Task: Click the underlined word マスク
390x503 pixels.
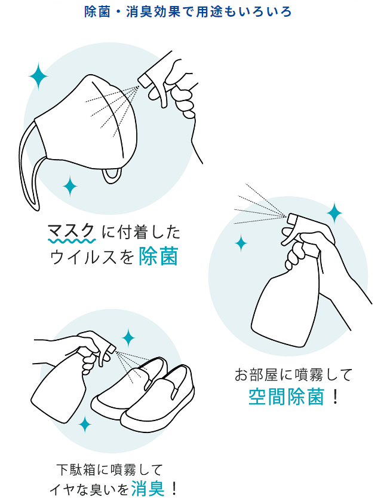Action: pos(72,231)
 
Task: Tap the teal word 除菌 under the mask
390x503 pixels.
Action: pos(158,257)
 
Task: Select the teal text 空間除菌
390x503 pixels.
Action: pos(286,397)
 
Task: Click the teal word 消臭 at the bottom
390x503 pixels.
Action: pos(148,489)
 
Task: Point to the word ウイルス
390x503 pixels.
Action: pos(83,257)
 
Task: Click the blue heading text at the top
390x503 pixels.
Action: pos(188,11)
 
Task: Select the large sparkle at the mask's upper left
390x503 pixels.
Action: pos(38,77)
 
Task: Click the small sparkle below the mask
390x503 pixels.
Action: pos(70,186)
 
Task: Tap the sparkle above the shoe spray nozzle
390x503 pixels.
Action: pos(128,337)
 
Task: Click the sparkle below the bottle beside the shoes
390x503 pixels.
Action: pos(85,424)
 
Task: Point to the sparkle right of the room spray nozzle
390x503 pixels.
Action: pos(334,213)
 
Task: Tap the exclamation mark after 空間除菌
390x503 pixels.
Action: pos(336,397)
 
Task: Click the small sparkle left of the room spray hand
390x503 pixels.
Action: pos(241,243)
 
